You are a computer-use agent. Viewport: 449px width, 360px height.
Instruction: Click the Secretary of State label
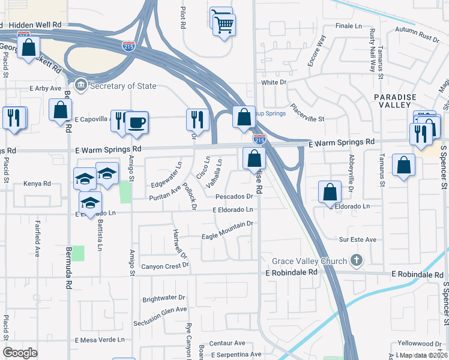coord(122,86)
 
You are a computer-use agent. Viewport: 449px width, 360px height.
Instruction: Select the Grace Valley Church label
coord(309,261)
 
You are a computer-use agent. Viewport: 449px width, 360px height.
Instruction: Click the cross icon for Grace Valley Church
coord(357,260)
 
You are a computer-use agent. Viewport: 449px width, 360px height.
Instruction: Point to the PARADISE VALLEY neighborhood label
coord(394,101)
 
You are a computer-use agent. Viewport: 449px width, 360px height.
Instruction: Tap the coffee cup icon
coord(136,122)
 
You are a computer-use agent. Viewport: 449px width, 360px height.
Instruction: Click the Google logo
coord(20,352)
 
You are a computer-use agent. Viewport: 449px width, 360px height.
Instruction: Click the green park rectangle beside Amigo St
coord(125,193)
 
